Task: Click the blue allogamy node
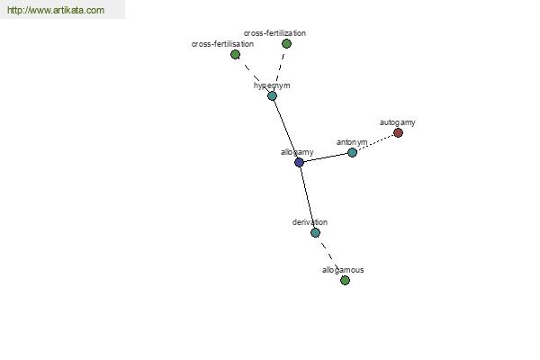[x=299, y=162]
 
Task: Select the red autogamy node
[x=398, y=132]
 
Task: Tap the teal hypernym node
[x=272, y=95]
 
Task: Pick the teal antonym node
[x=352, y=152]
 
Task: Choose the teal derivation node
[x=315, y=232]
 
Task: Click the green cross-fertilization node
[x=286, y=43]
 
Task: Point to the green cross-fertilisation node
[x=235, y=54]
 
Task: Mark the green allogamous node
[x=345, y=281]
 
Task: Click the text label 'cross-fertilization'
[x=274, y=33]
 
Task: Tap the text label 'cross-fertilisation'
[x=222, y=44]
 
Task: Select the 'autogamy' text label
[x=398, y=122]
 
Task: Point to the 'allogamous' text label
[x=343, y=270]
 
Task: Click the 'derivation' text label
[x=310, y=222]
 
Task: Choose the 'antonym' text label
[x=352, y=142]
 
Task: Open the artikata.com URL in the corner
[x=56, y=10]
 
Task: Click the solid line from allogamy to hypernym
[x=285, y=129]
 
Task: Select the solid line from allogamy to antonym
[x=326, y=157]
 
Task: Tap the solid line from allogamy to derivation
[x=307, y=197]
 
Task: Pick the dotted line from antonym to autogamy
[x=375, y=142]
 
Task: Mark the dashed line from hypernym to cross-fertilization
[x=279, y=69]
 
